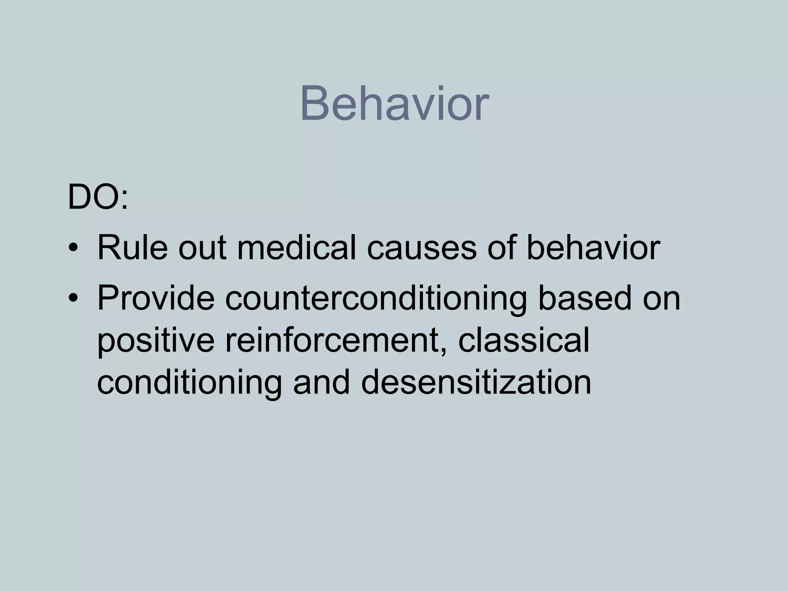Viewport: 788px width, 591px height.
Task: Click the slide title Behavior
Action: point(394,104)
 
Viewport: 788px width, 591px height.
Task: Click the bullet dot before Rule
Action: point(73,249)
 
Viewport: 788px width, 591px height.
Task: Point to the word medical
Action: point(296,248)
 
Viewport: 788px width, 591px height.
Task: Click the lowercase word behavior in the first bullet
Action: point(593,248)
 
